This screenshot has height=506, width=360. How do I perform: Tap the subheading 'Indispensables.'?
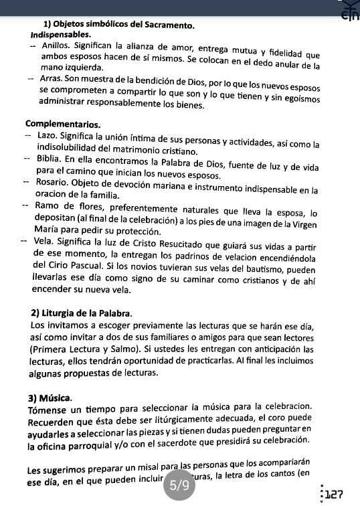(62, 34)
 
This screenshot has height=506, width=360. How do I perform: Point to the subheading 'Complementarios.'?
(63, 124)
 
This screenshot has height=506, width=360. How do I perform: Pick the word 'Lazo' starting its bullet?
(47, 135)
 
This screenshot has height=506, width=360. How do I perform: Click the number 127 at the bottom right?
(335, 495)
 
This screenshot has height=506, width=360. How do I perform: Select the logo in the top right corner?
(349, 10)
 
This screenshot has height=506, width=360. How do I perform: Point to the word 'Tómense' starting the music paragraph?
(50, 410)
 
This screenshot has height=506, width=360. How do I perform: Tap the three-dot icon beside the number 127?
(322, 495)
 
